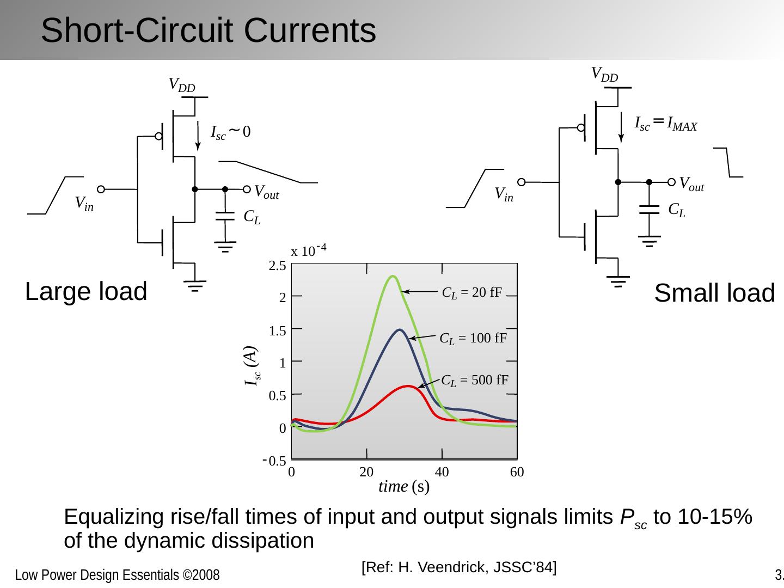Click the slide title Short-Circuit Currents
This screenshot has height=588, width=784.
208,30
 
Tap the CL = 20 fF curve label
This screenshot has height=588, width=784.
471,292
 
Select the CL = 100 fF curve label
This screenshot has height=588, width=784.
473,338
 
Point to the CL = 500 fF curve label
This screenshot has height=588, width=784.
474,380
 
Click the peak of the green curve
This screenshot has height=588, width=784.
392,277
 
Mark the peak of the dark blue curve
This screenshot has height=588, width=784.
400,330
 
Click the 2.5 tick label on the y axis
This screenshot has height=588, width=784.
277,266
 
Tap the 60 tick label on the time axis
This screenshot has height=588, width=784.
517,473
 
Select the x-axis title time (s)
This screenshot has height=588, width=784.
404,486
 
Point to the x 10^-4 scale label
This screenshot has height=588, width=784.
308,250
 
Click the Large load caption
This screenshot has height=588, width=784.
86,291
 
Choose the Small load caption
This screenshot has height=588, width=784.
714,293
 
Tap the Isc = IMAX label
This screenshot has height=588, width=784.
666,124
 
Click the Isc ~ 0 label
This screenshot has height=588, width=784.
231,132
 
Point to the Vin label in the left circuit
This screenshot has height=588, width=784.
84,204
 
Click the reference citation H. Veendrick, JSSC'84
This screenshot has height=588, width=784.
458,567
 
